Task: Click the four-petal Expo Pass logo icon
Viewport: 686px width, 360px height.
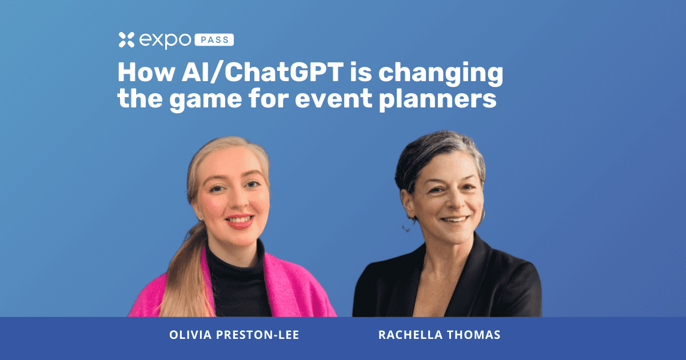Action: pos(126,40)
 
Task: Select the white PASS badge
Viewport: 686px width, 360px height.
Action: pos(214,40)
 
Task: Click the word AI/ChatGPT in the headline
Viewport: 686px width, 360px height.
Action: pos(262,73)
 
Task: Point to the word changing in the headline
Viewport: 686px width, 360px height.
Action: pos(441,74)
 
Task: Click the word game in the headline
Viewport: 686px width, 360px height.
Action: pos(205,101)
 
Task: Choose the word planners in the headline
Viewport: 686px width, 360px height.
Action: pos(438,99)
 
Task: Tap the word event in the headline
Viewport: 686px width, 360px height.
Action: pos(333,99)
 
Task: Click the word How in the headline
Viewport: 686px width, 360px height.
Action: pos(146,73)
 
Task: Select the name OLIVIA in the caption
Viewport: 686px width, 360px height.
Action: pos(190,335)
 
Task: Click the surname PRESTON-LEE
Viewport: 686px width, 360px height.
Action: pos(258,335)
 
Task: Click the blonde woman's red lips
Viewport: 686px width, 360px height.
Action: pos(240,221)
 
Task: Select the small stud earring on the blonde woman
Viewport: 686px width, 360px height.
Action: pos(201,218)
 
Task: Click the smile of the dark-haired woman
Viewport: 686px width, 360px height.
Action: pos(455,219)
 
